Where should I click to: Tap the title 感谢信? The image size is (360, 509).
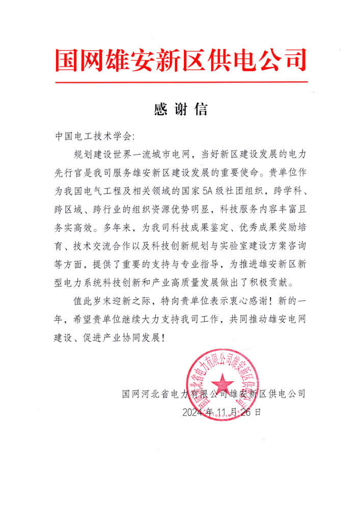[180, 109]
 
